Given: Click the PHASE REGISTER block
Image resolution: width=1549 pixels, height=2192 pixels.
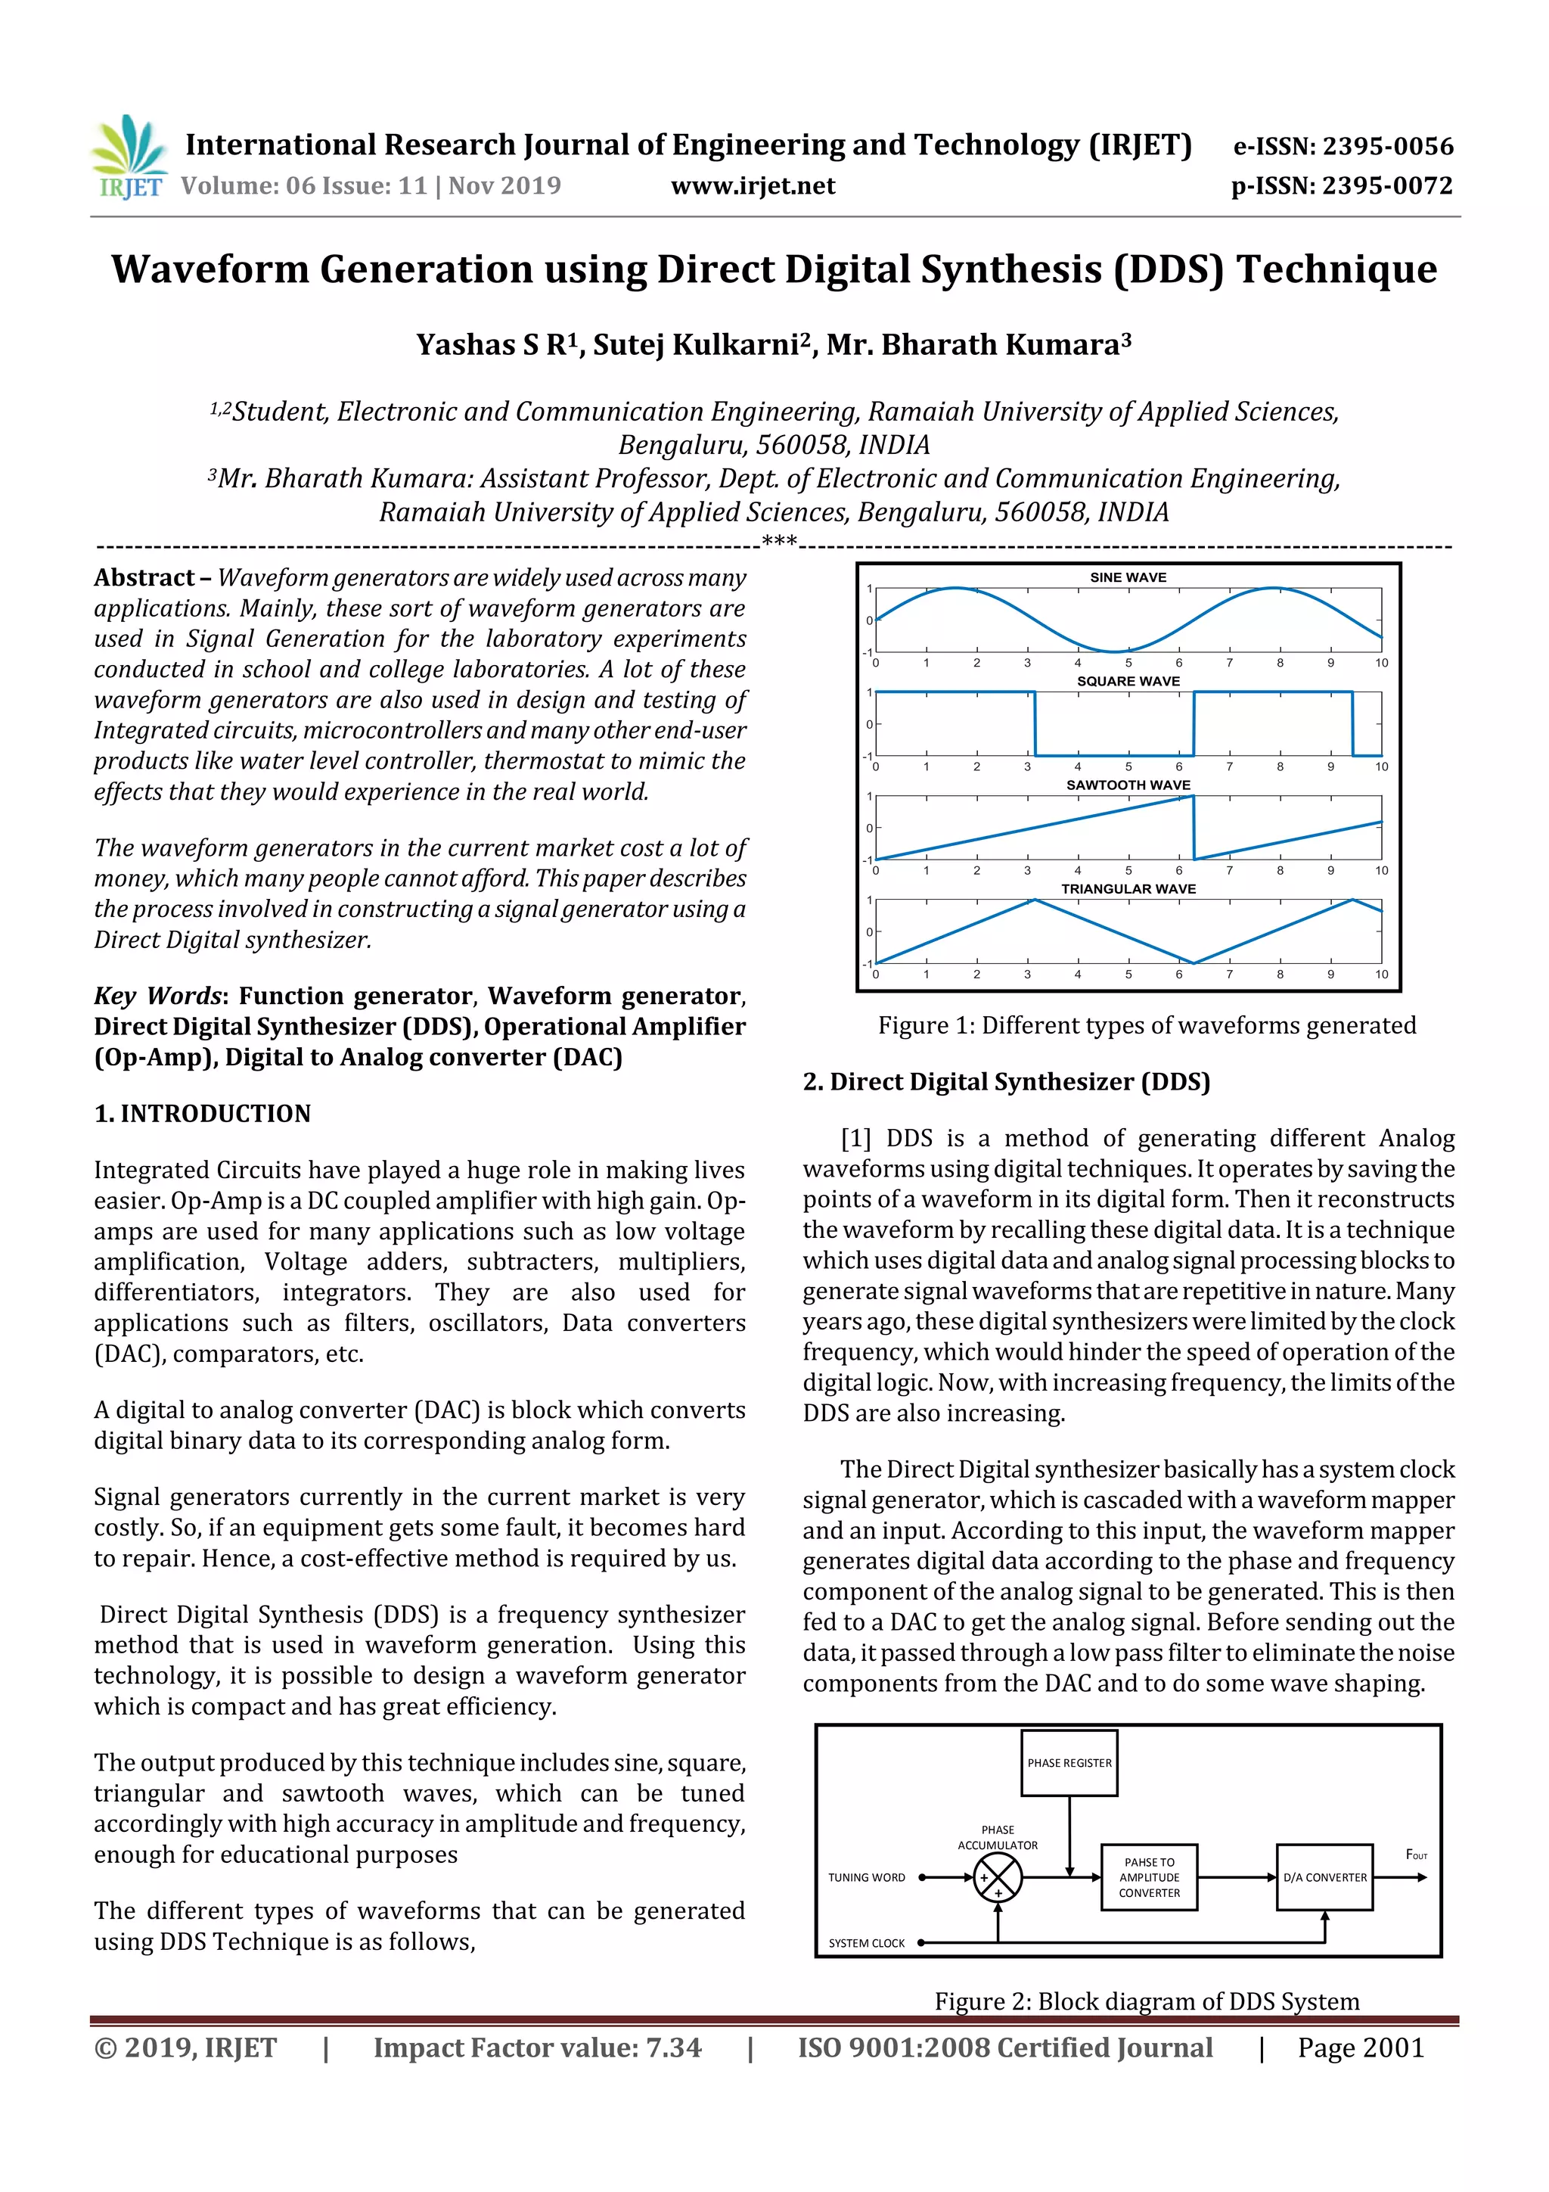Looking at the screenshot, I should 1068,1762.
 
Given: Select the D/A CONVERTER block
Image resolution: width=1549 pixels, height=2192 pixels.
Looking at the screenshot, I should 1324,1877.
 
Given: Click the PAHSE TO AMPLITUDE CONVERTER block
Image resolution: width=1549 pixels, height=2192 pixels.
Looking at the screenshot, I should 1148,1877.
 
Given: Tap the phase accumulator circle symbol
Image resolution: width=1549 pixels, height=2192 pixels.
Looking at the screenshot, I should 998,1878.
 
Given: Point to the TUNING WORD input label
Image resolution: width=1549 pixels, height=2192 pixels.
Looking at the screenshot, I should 866,1877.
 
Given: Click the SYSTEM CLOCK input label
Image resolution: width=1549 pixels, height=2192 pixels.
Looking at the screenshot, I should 866,1943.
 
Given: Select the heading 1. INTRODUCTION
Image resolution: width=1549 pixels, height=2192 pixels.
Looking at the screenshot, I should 203,1113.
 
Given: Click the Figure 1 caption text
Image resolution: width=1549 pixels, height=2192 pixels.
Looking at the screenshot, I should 1146,1025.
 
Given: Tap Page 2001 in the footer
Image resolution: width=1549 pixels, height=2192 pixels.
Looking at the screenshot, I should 1360,2047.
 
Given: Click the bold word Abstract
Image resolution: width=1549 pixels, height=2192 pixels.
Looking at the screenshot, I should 144,577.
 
